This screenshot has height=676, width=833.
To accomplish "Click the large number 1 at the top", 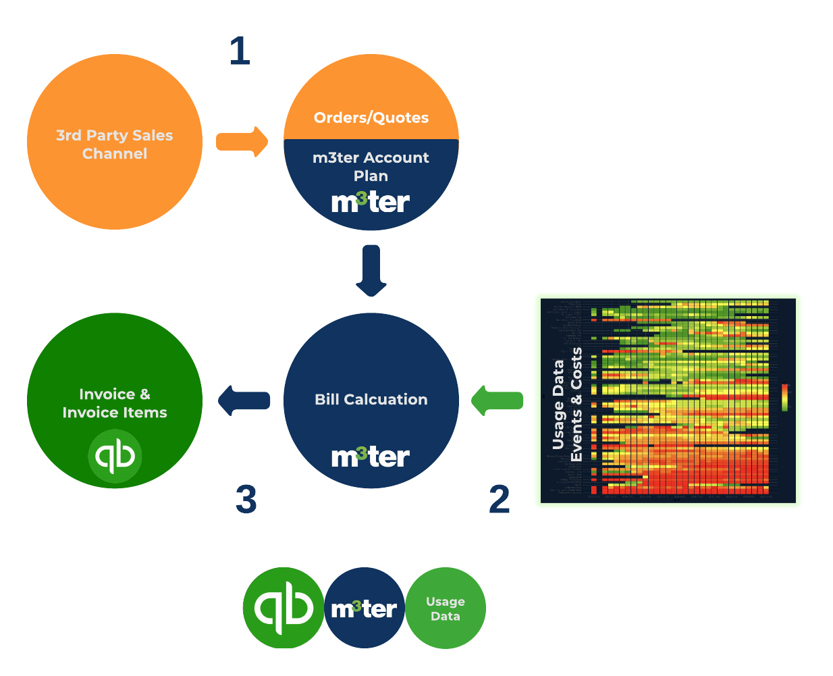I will [x=240, y=51].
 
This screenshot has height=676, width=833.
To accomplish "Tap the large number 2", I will [x=499, y=500].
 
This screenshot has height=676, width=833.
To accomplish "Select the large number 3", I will [x=246, y=500].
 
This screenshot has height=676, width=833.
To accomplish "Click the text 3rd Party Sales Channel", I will [x=115, y=145].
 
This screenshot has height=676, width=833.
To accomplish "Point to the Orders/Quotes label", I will [x=371, y=118].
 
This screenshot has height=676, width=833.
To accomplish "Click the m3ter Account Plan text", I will [x=371, y=166].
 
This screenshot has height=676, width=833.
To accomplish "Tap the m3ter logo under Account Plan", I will [x=370, y=202].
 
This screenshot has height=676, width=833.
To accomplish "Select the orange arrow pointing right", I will [x=242, y=142].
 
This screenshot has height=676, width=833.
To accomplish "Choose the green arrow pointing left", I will [x=498, y=400].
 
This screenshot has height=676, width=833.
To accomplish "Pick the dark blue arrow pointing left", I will [x=244, y=400].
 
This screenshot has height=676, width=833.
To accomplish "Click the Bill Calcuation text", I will [x=371, y=399].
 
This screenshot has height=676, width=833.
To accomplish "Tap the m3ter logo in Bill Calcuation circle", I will [x=370, y=457].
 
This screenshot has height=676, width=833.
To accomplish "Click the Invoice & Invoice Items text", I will [x=115, y=403].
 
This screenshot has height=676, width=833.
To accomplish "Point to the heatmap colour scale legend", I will [x=784, y=397].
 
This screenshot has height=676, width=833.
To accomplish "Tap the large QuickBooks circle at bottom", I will [x=284, y=608].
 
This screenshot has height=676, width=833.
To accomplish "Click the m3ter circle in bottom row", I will [x=365, y=608].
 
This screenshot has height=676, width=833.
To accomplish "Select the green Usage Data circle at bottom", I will [x=446, y=608].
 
